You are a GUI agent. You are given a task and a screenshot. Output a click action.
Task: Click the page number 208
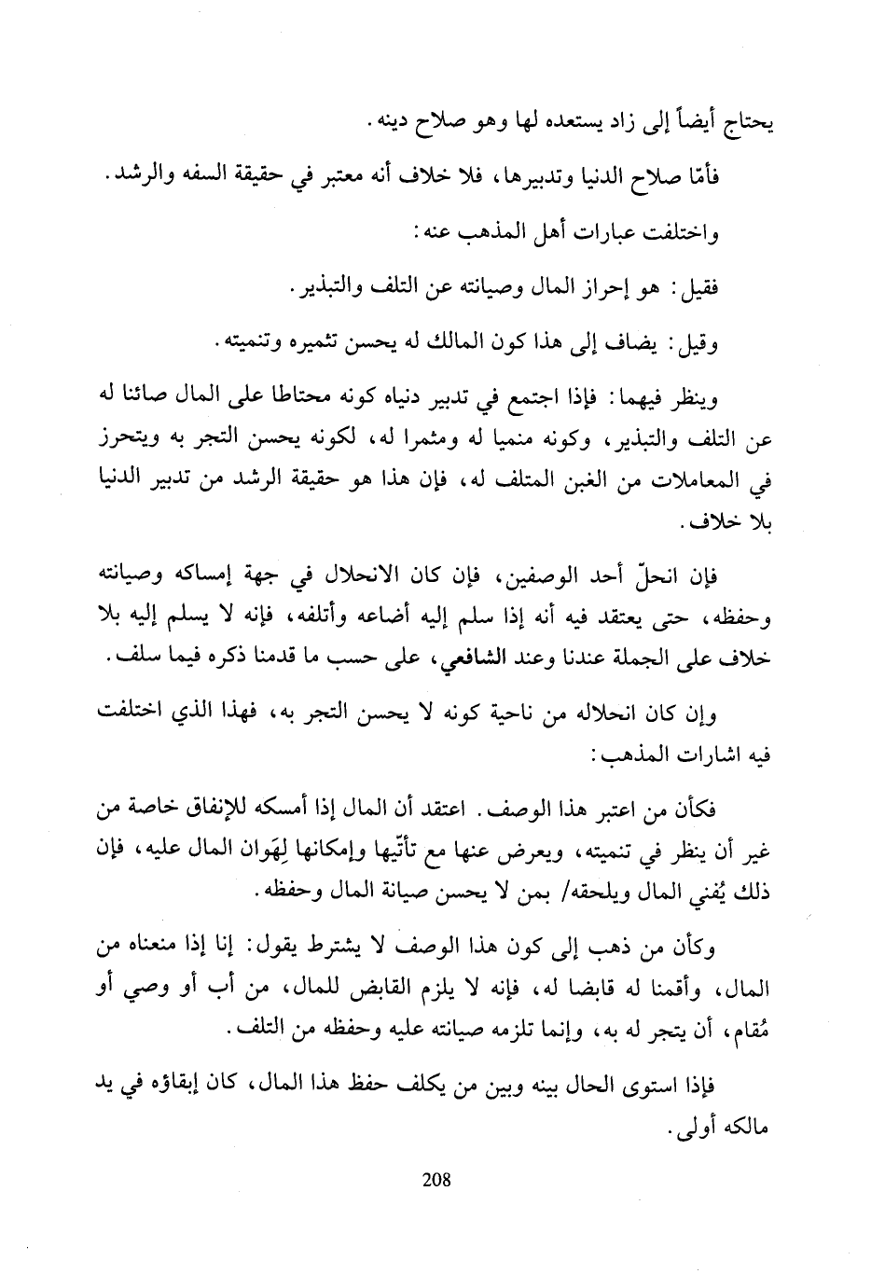[x=436, y=1179]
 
